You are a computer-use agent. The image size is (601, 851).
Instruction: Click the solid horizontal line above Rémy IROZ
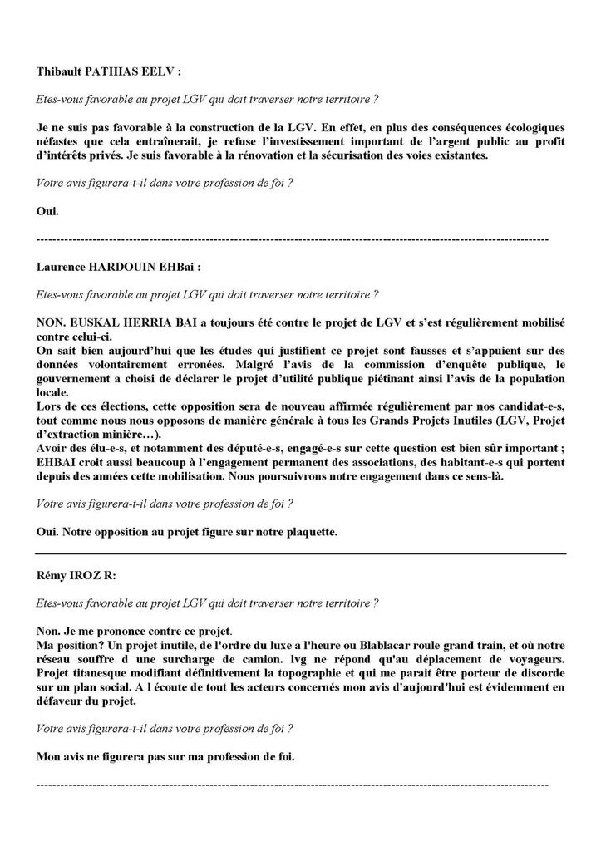point(300,553)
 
